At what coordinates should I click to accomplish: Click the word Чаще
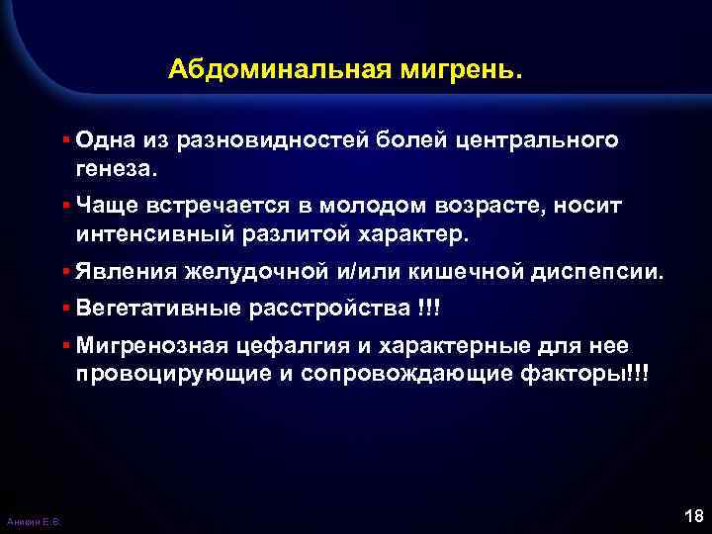tap(99, 205)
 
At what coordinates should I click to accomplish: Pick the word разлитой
tap(297, 235)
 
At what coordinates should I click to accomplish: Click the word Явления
tap(114, 271)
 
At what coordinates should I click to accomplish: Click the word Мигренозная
tap(149, 345)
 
